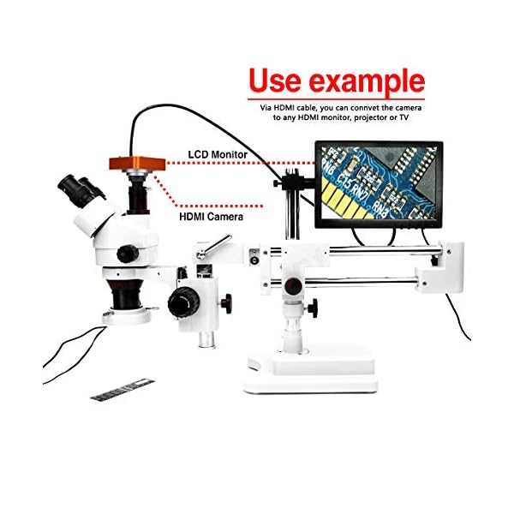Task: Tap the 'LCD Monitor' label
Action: coord(218,155)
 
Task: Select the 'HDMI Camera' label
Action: coord(211,218)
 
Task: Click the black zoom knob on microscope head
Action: coord(128,253)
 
